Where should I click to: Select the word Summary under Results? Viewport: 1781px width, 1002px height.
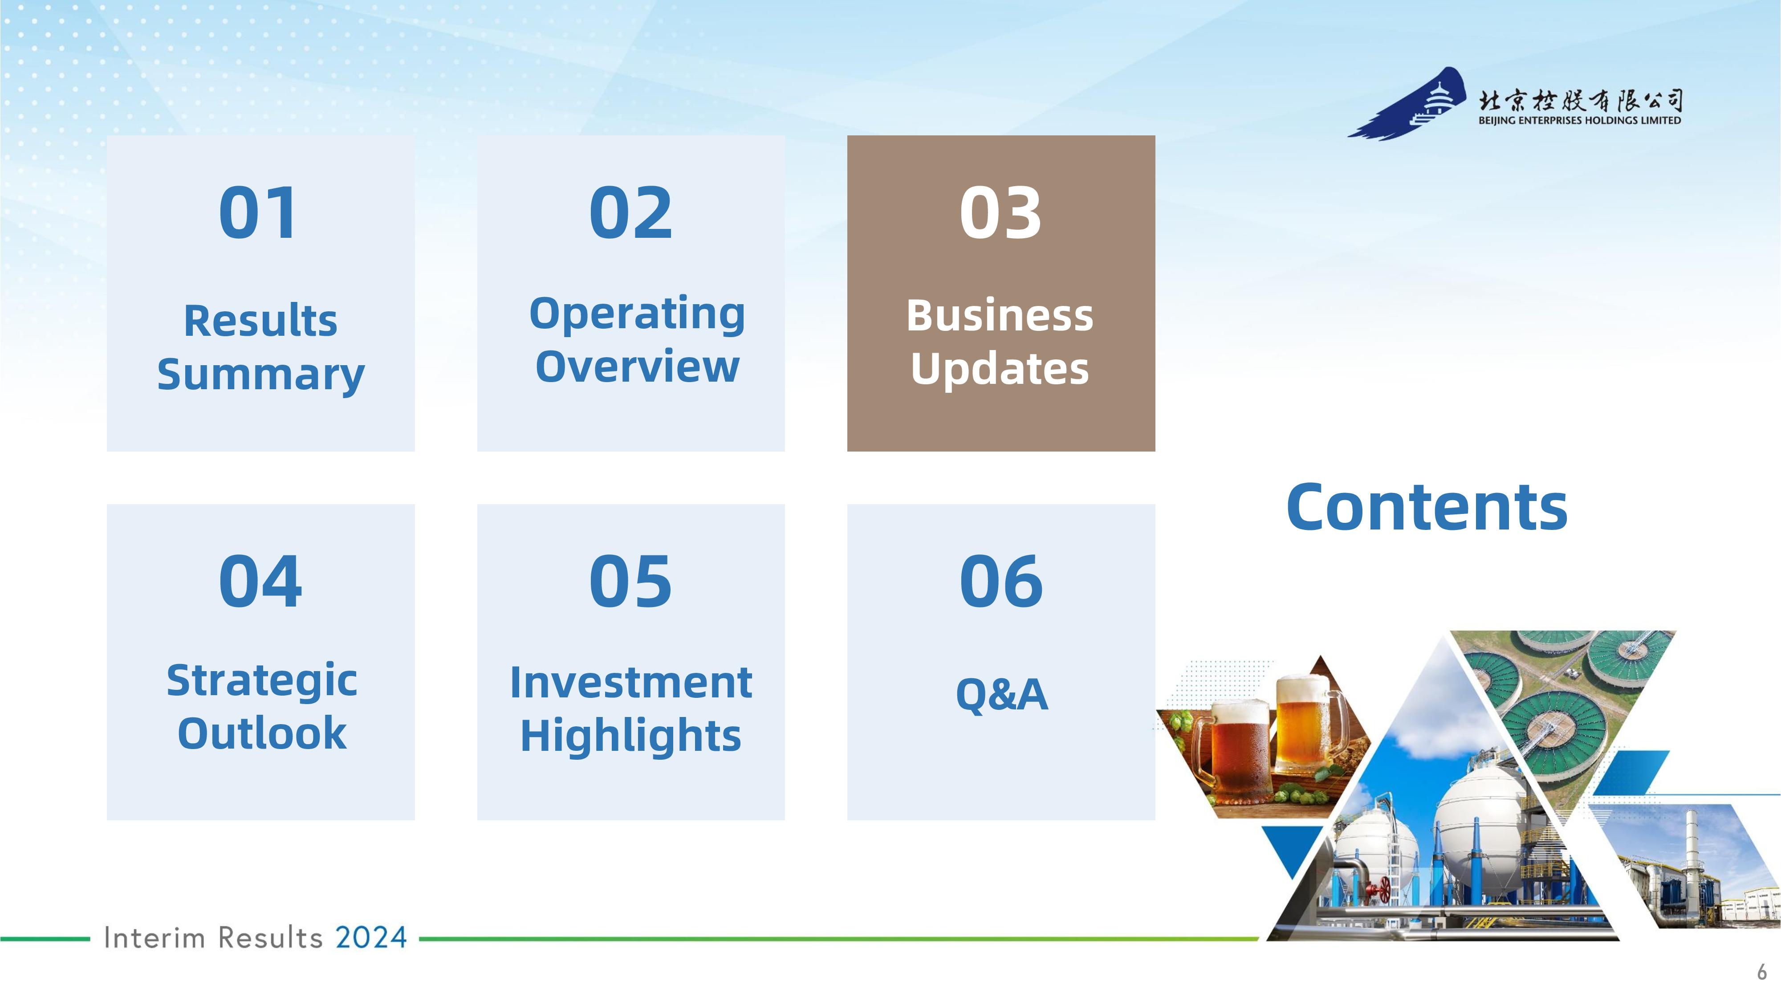point(260,375)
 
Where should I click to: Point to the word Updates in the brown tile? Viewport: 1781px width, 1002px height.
point(1000,369)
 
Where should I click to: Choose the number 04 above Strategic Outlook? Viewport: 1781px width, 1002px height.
point(260,582)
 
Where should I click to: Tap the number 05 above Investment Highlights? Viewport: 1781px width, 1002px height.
point(630,582)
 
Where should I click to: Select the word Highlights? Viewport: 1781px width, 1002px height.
point(630,736)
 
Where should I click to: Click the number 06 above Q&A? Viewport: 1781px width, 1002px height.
point(1001,582)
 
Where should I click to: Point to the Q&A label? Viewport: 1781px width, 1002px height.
point(1002,694)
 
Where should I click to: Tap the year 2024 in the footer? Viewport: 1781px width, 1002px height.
point(371,938)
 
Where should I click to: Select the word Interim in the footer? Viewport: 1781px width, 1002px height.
point(154,938)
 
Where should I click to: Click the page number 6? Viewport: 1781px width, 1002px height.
point(1762,972)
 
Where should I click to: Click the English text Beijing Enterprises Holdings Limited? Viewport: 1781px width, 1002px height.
point(1580,120)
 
